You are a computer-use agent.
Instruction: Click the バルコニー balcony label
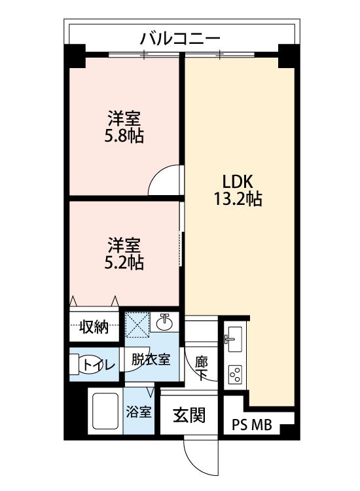180,39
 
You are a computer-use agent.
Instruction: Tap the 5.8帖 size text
124,137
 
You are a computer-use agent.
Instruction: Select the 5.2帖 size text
124,263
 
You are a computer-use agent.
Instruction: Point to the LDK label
238,181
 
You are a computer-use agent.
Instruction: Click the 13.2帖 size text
238,199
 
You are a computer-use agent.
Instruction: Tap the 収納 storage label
94,327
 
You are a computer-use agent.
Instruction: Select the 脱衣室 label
151,359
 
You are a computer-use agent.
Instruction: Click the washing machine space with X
137,325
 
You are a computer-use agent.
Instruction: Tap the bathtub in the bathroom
105,411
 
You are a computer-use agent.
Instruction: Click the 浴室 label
139,412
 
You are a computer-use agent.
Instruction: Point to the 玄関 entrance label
189,416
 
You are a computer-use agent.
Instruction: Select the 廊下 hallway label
201,369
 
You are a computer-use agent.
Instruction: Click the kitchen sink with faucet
234,339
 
